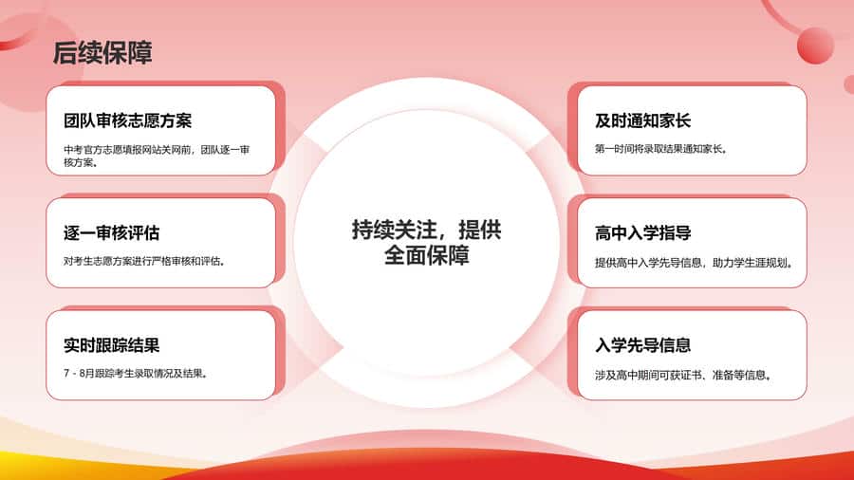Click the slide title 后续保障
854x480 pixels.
tap(102, 53)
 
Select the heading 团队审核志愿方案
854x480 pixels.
tap(127, 120)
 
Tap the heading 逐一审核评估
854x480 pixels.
tap(111, 233)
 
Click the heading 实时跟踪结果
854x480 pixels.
tap(111, 345)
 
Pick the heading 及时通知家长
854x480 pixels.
tap(642, 120)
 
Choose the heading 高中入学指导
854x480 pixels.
tap(642, 233)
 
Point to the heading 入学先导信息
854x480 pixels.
tap(642, 345)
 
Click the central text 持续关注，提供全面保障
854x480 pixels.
tap(426, 243)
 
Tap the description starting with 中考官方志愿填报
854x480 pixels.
tap(157, 156)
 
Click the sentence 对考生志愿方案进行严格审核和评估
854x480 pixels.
tap(144, 261)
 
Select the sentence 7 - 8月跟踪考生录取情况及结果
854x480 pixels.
tap(136, 374)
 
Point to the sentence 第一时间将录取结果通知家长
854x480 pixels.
tap(661, 149)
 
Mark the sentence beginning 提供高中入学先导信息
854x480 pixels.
tap(694, 263)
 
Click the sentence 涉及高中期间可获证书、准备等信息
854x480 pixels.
tap(683, 375)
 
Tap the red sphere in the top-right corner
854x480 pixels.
tap(815, 46)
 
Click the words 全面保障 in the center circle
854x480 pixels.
tap(426, 255)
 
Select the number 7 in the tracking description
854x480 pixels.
tap(66, 374)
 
